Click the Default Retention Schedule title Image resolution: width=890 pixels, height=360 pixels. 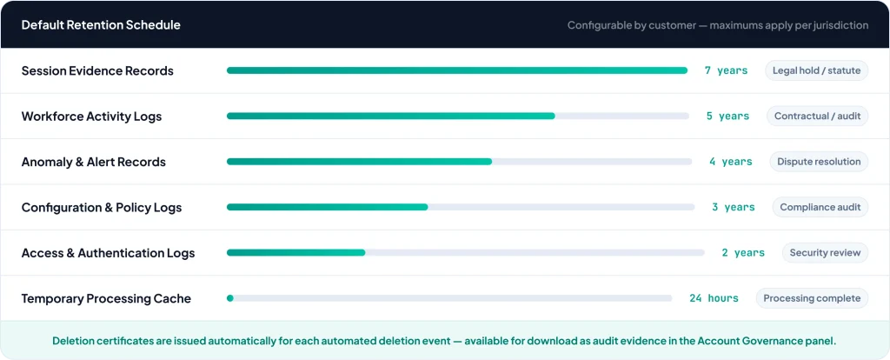click(101, 25)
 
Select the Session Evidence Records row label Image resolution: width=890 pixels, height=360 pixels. click(97, 70)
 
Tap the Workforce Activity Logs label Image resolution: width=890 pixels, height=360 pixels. click(91, 117)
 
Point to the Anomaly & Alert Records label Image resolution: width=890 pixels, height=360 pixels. click(93, 162)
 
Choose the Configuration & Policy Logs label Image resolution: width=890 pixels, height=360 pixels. click(102, 207)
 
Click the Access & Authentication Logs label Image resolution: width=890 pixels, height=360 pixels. click(108, 253)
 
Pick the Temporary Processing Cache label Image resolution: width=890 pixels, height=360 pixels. click(106, 298)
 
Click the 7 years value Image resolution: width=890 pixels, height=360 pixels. click(726, 70)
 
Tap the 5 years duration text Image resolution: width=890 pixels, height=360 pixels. click(727, 117)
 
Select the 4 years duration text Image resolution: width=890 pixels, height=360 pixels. click(730, 162)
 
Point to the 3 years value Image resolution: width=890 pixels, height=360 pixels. click(733, 207)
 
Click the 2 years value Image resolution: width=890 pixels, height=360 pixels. click(743, 253)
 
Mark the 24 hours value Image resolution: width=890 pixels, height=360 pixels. click(714, 298)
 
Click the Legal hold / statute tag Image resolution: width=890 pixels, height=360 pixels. click(816, 70)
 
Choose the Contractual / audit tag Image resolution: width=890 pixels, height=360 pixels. click(817, 116)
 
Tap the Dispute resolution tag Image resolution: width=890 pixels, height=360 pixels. click(819, 161)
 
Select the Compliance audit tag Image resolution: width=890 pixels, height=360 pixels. click(820, 207)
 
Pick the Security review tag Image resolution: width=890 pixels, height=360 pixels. click(825, 252)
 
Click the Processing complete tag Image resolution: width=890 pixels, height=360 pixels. click(812, 298)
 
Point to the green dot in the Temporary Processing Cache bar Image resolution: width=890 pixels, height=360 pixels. click(229, 298)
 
